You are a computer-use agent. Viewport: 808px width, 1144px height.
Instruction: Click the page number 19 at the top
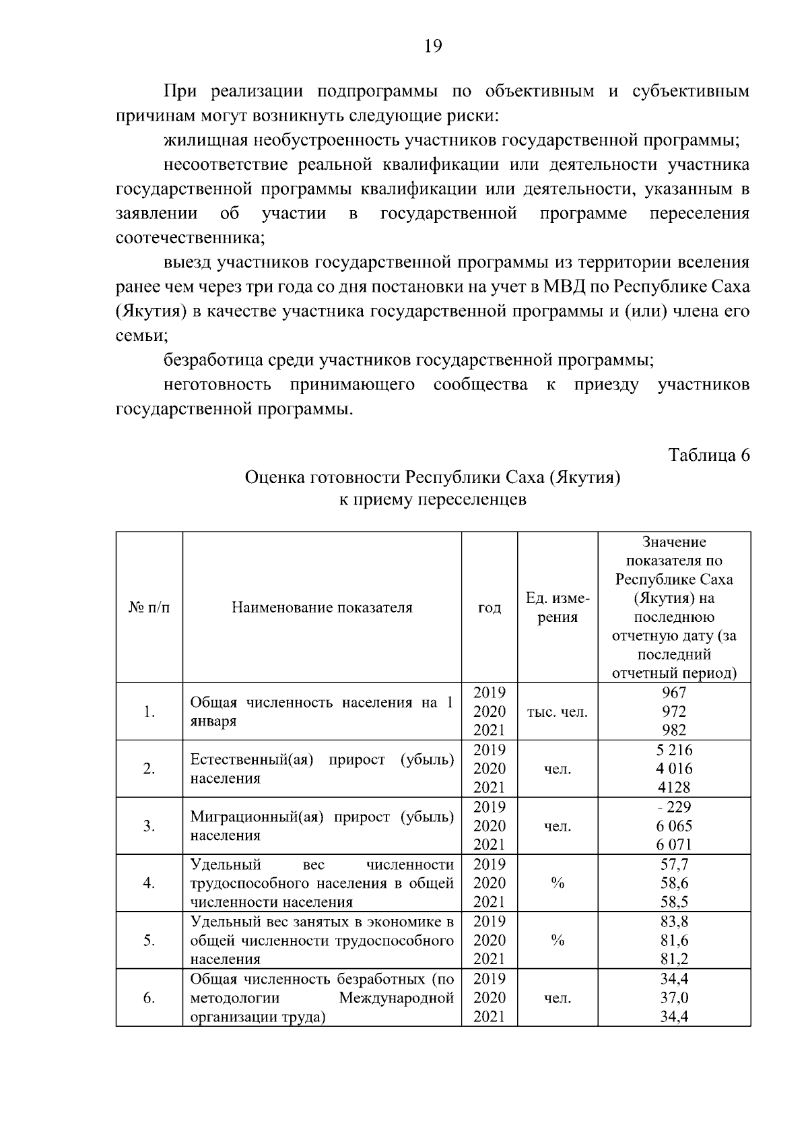tap(433, 46)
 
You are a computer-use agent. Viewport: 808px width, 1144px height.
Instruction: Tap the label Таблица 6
tap(708, 455)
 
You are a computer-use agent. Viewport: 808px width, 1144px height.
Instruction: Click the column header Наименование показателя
tap(322, 608)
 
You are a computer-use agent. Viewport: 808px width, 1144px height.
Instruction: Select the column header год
tap(490, 608)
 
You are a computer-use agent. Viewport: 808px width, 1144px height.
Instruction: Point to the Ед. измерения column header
tap(558, 608)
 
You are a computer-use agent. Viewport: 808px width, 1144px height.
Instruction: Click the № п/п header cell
tap(149, 608)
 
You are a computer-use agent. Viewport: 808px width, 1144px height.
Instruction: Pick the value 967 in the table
tap(674, 693)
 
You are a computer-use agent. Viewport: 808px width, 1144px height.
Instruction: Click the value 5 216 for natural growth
tap(674, 750)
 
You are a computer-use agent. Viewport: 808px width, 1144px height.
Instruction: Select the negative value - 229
tap(674, 807)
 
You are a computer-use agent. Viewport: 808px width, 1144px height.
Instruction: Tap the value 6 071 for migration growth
tap(674, 844)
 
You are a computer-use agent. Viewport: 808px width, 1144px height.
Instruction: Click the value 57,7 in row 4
tap(674, 864)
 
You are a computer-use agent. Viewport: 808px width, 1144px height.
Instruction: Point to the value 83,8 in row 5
tap(674, 922)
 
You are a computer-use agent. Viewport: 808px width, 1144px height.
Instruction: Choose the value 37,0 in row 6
tap(674, 998)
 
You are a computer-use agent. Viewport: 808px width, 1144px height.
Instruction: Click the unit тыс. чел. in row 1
tap(558, 711)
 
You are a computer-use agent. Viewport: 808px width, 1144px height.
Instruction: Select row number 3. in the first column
tap(149, 826)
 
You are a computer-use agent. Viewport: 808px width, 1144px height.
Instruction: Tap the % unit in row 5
tap(558, 941)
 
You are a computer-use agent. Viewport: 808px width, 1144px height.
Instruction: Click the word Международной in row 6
tap(396, 998)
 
